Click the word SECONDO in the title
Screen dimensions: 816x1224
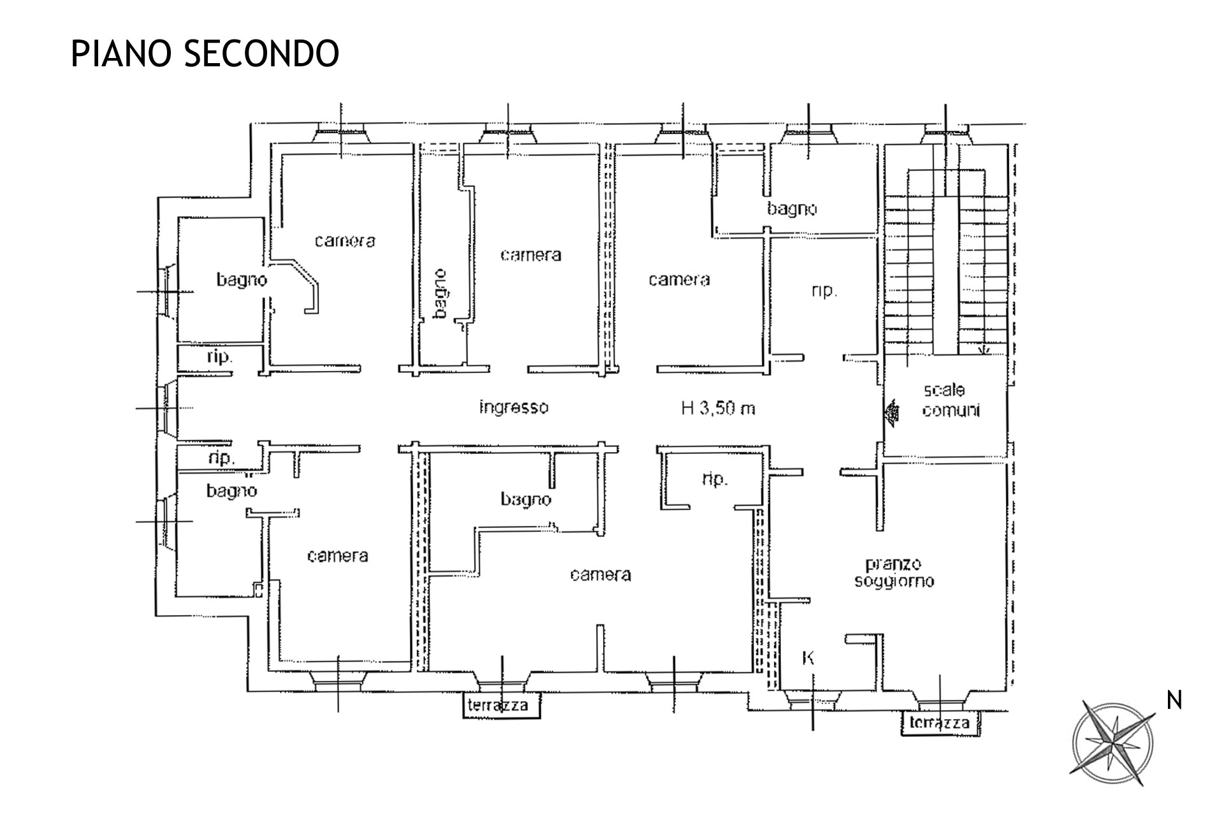pyautogui.click(x=261, y=54)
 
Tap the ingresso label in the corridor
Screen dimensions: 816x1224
pyautogui.click(x=513, y=407)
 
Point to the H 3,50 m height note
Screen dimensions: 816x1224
pyautogui.click(x=718, y=408)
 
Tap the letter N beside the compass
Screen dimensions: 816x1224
pyautogui.click(x=1174, y=701)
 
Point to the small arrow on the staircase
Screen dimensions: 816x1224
pyautogui.click(x=983, y=349)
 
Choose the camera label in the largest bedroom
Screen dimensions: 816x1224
pyautogui.click(x=601, y=574)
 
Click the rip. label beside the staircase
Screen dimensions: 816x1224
pyautogui.click(x=823, y=291)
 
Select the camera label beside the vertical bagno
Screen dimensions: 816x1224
pyautogui.click(x=530, y=255)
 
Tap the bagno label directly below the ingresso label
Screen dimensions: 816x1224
pyautogui.click(x=525, y=499)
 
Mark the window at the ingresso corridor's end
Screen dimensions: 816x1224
pyautogui.click(x=168, y=408)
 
